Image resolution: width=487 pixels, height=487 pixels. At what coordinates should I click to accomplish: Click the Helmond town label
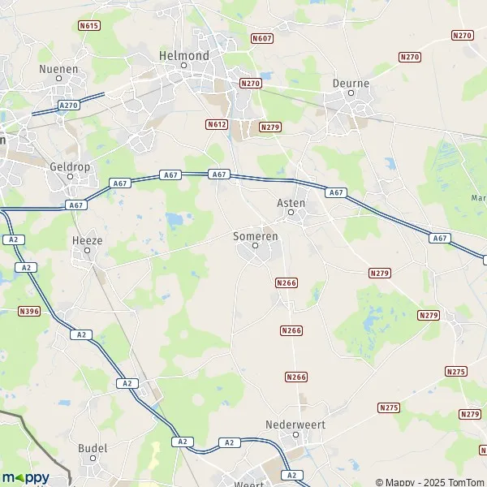[183, 55]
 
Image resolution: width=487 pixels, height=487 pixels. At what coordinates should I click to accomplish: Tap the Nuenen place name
[58, 69]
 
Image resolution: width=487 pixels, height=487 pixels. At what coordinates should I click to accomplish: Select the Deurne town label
[351, 83]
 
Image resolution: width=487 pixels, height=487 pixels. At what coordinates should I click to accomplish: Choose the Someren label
[255, 235]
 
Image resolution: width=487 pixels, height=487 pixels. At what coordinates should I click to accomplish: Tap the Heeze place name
[87, 241]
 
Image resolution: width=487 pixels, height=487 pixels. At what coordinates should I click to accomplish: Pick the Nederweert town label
[295, 425]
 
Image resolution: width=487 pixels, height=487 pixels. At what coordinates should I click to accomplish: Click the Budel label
[93, 447]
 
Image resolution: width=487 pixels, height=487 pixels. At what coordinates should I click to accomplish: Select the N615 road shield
[88, 26]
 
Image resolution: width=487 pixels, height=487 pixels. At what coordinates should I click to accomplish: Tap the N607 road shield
[261, 38]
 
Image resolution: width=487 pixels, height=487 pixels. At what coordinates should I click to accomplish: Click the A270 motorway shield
[68, 106]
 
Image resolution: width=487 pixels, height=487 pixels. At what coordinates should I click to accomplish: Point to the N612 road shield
[216, 124]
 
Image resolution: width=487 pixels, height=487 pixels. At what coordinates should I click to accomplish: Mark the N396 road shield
[28, 311]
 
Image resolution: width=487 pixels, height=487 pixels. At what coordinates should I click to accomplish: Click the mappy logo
[25, 476]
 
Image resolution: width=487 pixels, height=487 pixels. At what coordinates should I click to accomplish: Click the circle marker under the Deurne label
[351, 93]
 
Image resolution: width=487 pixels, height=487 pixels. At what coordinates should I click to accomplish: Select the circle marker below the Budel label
[93, 457]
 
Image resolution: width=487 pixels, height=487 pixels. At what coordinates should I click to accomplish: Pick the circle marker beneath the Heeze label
[87, 251]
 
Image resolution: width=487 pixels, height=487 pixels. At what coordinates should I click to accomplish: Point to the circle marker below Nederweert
[296, 434]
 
